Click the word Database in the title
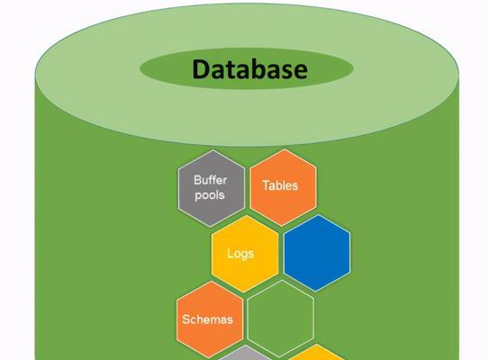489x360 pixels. (x=250, y=69)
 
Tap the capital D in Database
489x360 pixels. (x=202, y=69)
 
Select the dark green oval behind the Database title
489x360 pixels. (x=247, y=68)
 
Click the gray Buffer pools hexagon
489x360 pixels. (x=212, y=188)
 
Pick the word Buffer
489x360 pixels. (x=210, y=180)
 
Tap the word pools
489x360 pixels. (x=210, y=195)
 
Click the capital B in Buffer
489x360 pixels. (x=197, y=180)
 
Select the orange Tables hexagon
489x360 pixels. (x=283, y=187)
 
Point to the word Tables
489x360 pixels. (x=280, y=185)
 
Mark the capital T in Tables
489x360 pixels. (x=266, y=185)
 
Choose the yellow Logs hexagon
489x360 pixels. (x=245, y=254)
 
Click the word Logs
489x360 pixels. (x=240, y=254)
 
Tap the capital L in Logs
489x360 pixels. (x=230, y=253)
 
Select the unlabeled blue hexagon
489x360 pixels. (x=317, y=253)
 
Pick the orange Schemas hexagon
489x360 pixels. (x=210, y=319)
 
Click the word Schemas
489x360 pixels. (x=207, y=319)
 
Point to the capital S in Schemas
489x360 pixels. (x=186, y=319)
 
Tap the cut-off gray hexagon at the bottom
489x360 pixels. (x=245, y=354)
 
